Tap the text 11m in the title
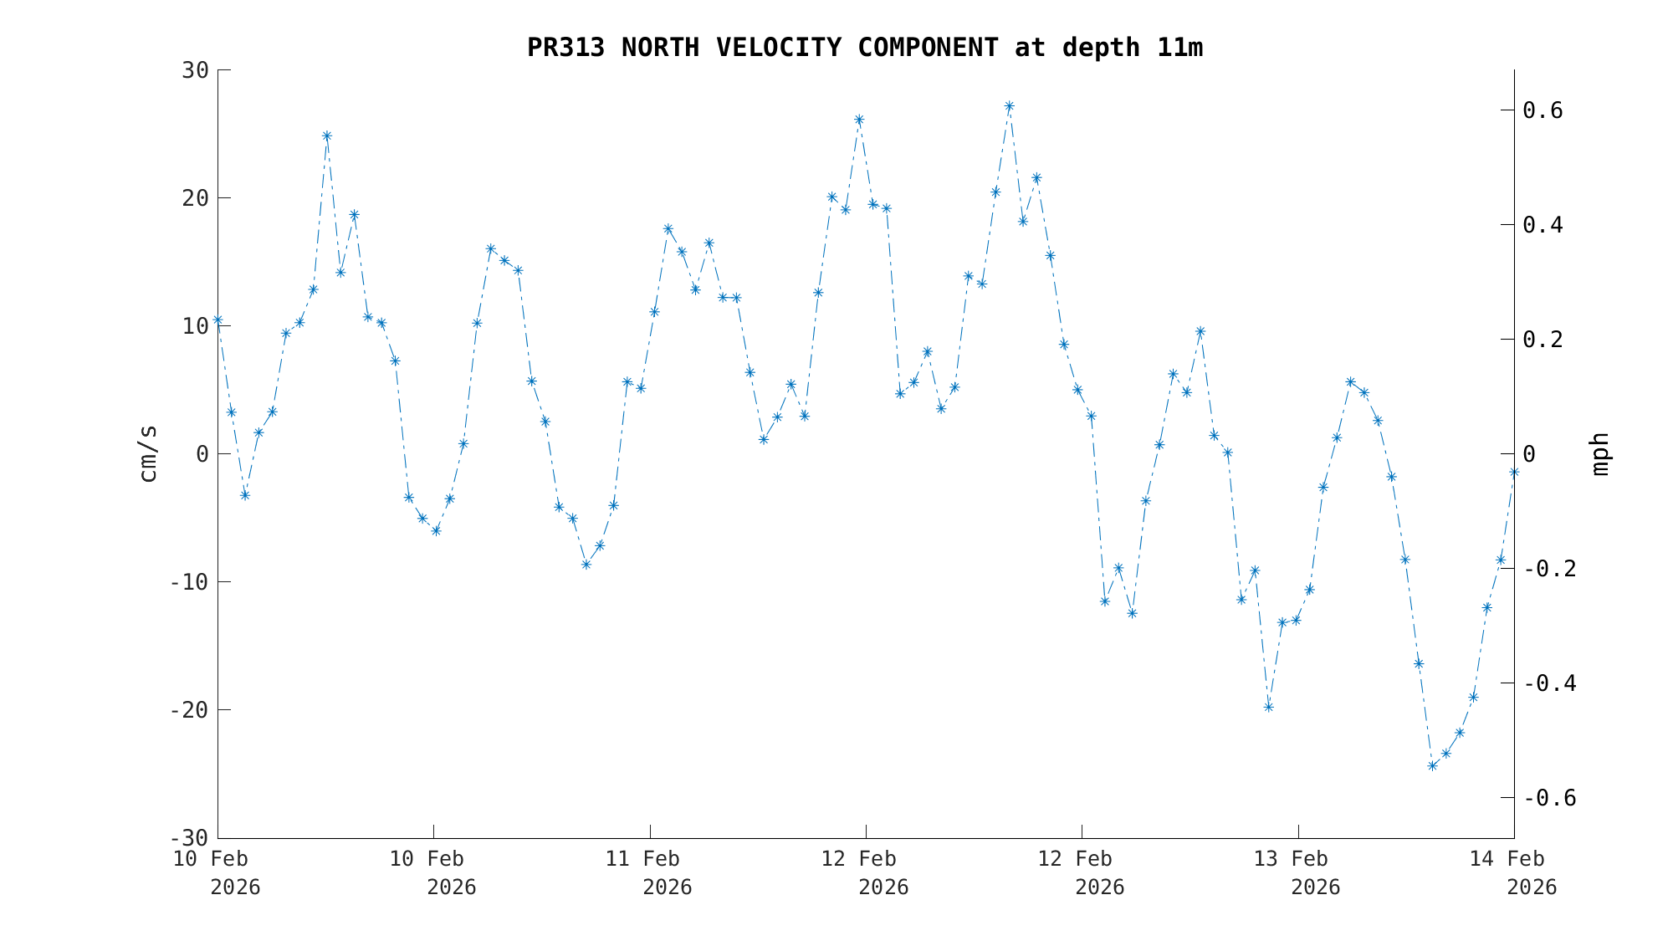pos(1179,48)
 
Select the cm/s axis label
pos(148,453)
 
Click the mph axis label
pos(1599,453)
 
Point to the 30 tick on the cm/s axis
pos(195,70)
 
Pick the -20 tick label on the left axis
pos(189,710)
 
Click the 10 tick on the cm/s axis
pos(195,326)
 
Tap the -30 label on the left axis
pos(189,838)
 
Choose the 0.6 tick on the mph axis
pos(1554,110)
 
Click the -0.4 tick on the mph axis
pos(1549,683)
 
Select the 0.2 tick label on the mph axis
pos(1554,340)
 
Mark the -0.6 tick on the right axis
pos(1549,798)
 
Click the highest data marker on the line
pos(1010,106)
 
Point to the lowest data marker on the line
pos(1432,765)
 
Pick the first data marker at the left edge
pos(218,320)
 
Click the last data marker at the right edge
pos(1514,473)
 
